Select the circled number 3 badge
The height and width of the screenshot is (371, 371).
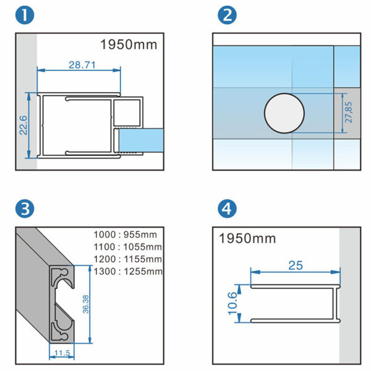pyautogui.click(x=24, y=208)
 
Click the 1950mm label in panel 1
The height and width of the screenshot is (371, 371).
pyautogui.click(x=129, y=45)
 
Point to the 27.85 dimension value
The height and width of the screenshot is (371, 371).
pyautogui.click(x=348, y=113)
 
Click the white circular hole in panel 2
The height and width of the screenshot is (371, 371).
pyautogui.click(x=284, y=113)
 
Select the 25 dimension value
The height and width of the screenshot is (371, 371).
pyautogui.click(x=296, y=265)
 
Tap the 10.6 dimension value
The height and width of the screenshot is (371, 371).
pyautogui.click(x=233, y=304)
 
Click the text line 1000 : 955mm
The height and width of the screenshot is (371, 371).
pyautogui.click(x=126, y=234)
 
